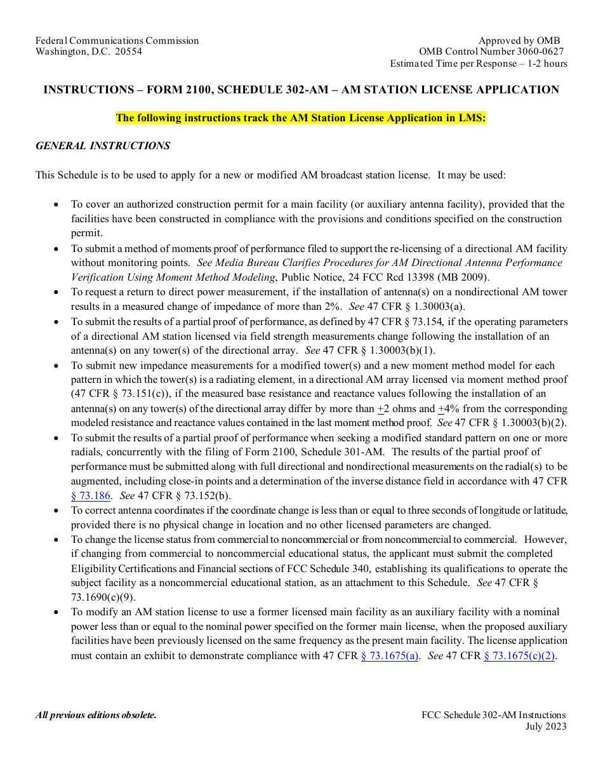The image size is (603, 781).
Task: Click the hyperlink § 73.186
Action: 90,496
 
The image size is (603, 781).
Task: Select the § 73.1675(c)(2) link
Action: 520,656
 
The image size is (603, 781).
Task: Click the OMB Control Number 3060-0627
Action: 491,51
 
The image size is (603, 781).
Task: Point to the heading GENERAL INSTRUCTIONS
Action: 103,145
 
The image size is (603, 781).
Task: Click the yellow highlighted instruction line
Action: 301,117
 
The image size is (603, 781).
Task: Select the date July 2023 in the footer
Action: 546,726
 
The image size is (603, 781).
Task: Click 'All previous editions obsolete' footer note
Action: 96,715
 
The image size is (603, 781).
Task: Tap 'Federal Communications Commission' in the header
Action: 117,41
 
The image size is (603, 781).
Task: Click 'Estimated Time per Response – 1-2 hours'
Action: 479,63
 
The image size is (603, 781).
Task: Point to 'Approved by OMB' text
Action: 519,41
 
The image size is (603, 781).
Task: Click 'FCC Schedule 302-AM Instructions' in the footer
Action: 493,715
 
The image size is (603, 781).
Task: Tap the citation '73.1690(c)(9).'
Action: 103,597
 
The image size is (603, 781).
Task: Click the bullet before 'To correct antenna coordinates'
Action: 56,511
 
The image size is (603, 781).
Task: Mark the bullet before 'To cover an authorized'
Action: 56,205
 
